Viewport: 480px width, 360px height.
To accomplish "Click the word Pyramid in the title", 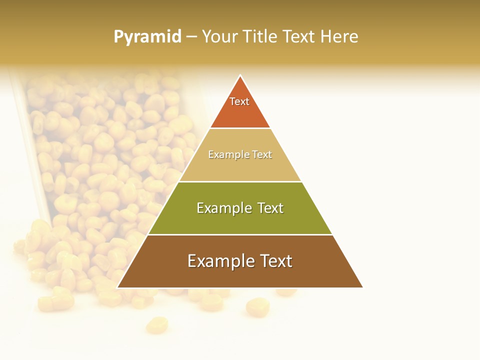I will (x=147, y=36).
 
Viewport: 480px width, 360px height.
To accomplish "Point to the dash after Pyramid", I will (x=191, y=37).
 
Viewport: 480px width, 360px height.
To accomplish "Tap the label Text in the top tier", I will (x=239, y=101).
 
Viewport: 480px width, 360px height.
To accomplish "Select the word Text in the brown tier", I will (x=272, y=261).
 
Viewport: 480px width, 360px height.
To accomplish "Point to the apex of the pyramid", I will (x=240, y=76).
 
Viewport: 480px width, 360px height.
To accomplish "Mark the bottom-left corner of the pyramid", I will (x=118, y=287).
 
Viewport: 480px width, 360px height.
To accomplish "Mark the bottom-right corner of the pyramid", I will (x=362, y=287).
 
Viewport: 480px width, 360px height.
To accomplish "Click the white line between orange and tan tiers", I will (x=240, y=128).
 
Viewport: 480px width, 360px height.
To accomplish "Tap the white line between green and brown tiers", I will (x=240, y=234).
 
